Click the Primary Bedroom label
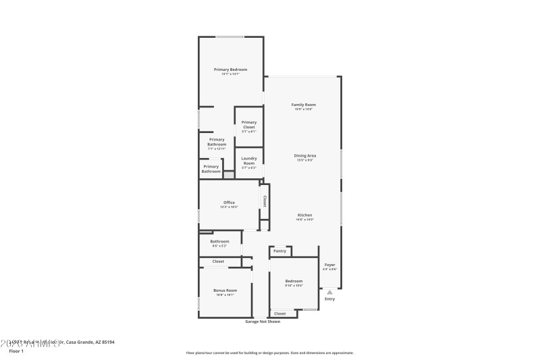(230, 70)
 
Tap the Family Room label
(303, 105)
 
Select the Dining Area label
(305, 156)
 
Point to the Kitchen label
(305, 215)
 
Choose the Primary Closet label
(249, 124)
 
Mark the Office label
(229, 202)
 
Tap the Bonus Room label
(225, 290)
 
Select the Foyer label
(329, 265)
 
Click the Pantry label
(280, 251)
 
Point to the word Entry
(329, 299)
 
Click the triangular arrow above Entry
(329, 292)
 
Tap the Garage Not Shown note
(263, 322)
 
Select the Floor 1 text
(16, 351)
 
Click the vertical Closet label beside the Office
(265, 201)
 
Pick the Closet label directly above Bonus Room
(218, 261)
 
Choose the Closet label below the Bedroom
(280, 313)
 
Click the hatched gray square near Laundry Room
(229, 174)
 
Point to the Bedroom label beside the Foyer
(294, 281)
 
